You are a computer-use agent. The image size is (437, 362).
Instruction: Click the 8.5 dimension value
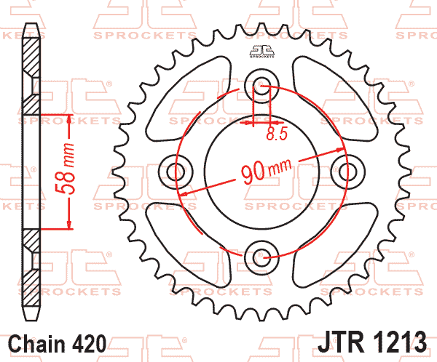click(x=277, y=134)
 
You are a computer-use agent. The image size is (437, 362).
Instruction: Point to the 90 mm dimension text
click(x=267, y=171)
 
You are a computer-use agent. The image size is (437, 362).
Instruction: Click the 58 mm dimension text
click(x=66, y=169)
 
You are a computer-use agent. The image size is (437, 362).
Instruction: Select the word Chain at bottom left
click(x=36, y=344)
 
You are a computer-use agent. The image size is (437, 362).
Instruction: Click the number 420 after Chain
click(x=89, y=344)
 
